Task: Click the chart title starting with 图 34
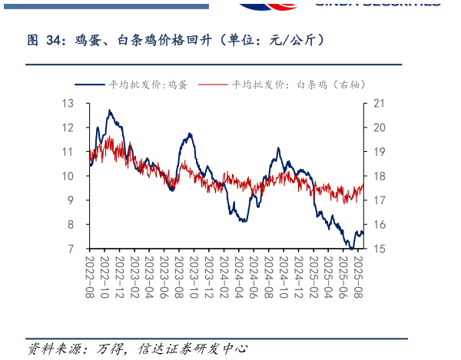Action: click(176, 40)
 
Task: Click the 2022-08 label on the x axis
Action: click(90, 277)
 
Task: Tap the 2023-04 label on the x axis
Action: click(150, 277)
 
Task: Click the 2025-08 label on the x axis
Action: click(358, 277)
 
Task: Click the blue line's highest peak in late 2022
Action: click(110, 111)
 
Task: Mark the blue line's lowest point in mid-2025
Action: click(351, 248)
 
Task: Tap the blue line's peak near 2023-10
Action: click(189, 134)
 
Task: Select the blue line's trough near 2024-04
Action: click(243, 221)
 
